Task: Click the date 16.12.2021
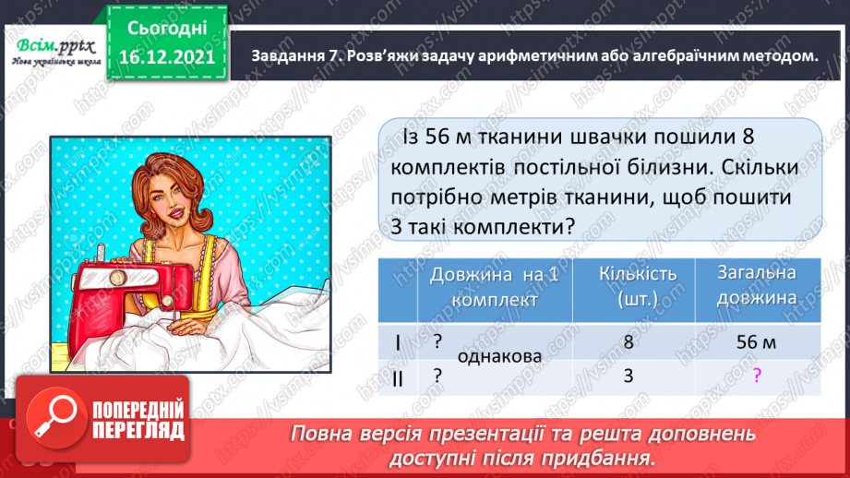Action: coord(167,57)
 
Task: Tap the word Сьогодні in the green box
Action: coord(167,29)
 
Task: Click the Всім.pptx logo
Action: coord(55,51)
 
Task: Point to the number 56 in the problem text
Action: coord(437,137)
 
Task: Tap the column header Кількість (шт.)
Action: coord(638,286)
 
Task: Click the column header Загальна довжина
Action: coord(757,285)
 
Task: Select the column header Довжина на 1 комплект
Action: coord(495,287)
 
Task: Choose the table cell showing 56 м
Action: coord(756,342)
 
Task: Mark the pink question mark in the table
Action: coord(758,375)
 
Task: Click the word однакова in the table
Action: coord(499,356)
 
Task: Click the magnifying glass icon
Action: coord(55,417)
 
